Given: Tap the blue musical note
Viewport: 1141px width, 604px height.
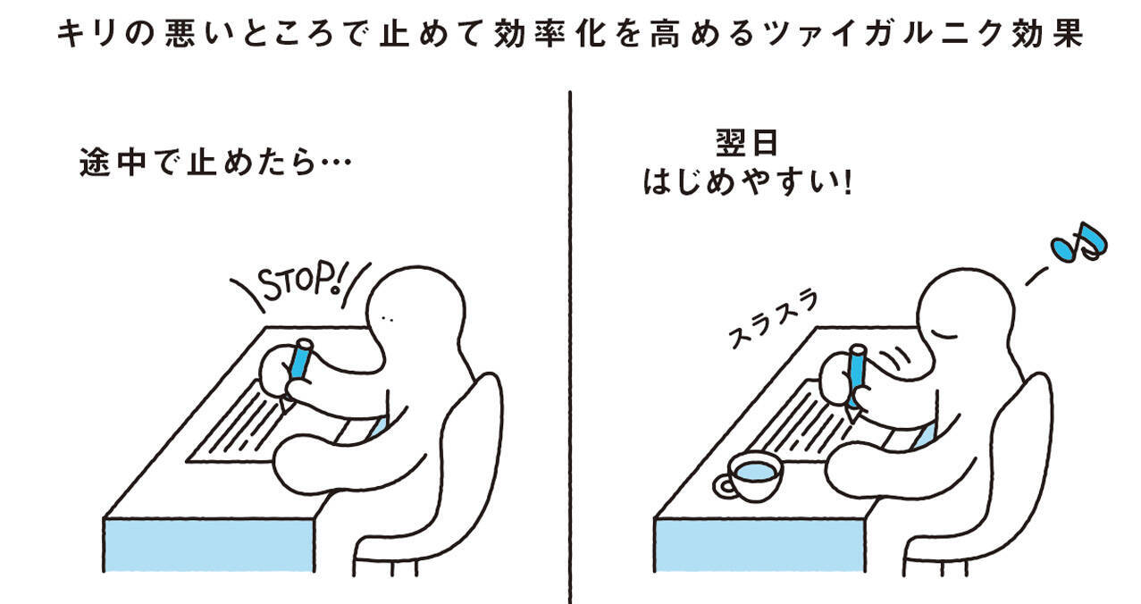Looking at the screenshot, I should tap(1078, 242).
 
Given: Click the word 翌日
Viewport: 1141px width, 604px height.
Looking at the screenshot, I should tap(747, 144).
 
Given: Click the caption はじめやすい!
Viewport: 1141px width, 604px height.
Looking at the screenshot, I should tap(747, 184).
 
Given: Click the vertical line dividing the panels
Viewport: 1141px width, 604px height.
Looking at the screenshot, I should tap(569, 357).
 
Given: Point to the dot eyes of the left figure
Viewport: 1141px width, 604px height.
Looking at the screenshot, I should tap(386, 317).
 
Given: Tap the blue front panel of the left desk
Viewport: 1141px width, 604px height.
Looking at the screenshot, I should tap(209, 545).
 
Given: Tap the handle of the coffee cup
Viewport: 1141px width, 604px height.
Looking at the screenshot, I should tap(724, 486).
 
